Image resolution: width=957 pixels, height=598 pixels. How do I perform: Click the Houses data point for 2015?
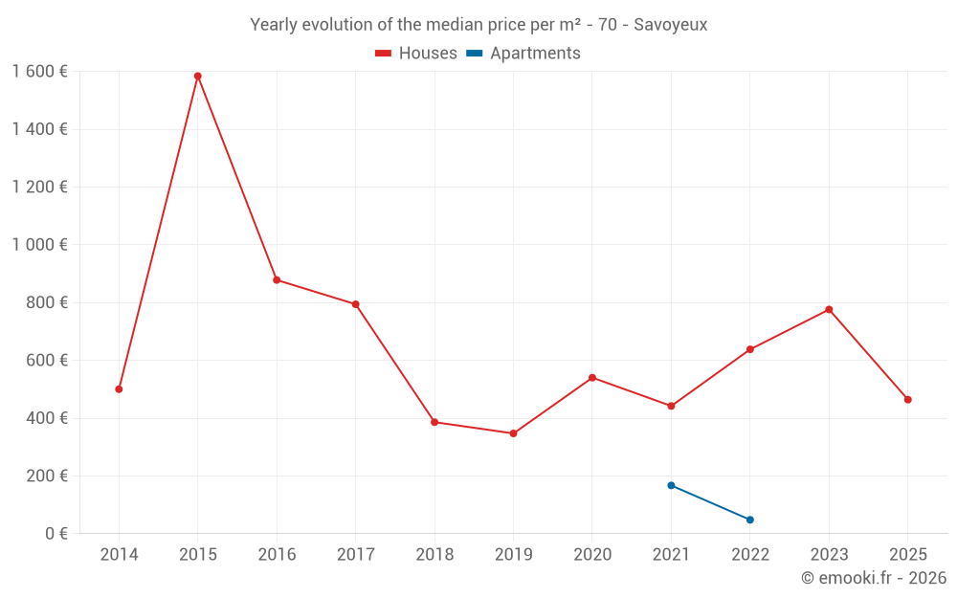[x=198, y=77]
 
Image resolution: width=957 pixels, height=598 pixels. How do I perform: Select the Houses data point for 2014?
[x=119, y=389]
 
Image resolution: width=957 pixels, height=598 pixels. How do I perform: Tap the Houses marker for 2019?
[x=513, y=433]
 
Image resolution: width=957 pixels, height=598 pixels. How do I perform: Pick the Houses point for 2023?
[x=829, y=310]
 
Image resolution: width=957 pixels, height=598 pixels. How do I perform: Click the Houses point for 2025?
[x=907, y=400]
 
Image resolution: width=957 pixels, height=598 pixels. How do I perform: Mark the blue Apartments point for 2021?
[x=671, y=485]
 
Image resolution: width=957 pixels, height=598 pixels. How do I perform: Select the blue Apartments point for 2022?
[x=749, y=520]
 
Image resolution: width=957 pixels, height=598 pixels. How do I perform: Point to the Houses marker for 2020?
[x=592, y=378]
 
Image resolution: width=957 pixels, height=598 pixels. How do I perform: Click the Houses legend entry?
[x=416, y=54]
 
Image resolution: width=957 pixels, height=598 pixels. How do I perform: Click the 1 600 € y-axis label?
[x=39, y=72]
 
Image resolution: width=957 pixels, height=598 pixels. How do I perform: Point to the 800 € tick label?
[x=46, y=302]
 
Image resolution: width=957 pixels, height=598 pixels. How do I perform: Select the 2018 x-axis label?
[x=434, y=555]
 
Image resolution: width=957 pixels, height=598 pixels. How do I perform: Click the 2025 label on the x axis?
[x=907, y=555]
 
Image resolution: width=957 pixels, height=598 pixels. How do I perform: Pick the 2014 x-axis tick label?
[x=119, y=555]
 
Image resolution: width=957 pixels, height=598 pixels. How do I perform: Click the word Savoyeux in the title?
[x=670, y=25]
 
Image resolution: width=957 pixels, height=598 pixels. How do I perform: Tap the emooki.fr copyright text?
[x=874, y=578]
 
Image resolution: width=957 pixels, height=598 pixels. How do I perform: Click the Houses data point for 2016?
[x=277, y=280]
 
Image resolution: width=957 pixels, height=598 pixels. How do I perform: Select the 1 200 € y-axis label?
[x=39, y=188]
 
